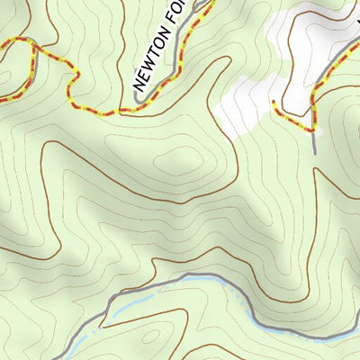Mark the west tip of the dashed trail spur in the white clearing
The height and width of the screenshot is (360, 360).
(x=273, y=102)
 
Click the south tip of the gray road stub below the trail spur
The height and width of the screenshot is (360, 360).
(x=316, y=151)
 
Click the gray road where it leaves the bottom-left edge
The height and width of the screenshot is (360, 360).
(x=56, y=357)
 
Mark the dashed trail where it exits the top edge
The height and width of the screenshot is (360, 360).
(x=213, y=3)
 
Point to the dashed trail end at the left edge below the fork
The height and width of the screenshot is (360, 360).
(x=3, y=98)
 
